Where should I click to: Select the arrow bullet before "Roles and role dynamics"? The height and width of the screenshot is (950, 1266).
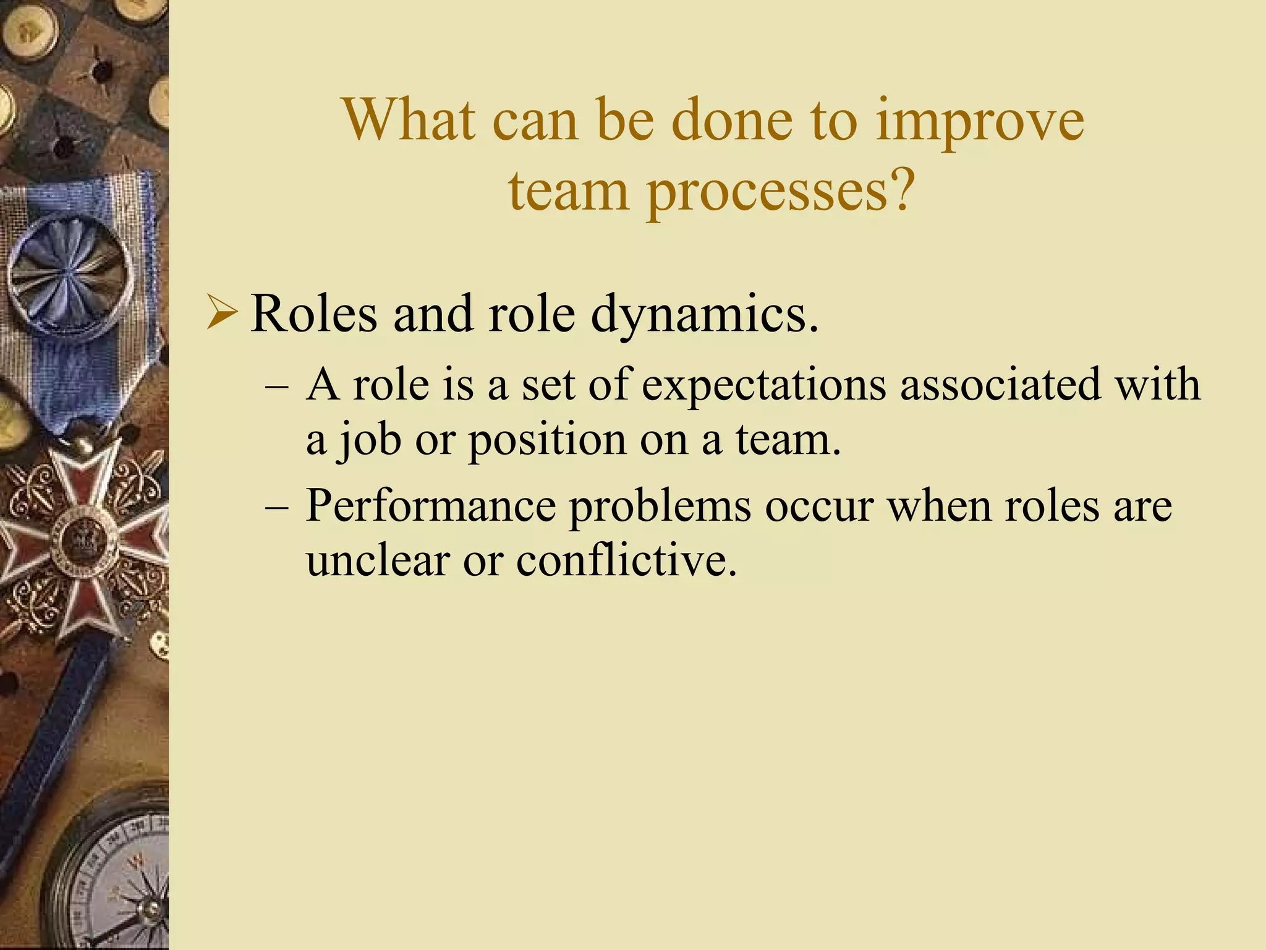click(x=222, y=314)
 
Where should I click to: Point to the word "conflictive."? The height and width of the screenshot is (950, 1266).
click(x=626, y=561)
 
